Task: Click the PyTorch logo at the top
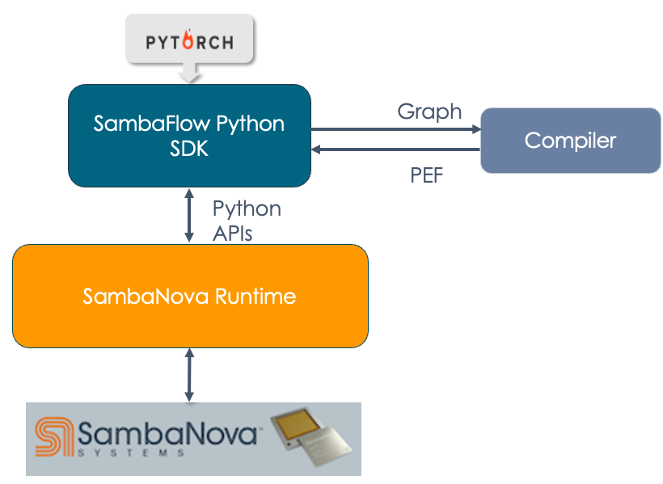pos(189,41)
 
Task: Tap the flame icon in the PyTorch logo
pos(188,40)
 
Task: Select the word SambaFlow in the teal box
pos(153,124)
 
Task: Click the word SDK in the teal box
pos(189,148)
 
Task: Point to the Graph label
pos(429,112)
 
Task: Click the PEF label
pos(427,175)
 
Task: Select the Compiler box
pos(570,141)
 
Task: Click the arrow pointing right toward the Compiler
pos(396,129)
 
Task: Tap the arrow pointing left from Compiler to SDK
pos(396,149)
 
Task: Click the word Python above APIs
pos(247,208)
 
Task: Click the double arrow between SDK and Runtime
pos(189,215)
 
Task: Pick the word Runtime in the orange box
pos(258,297)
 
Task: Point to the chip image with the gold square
pos(311,439)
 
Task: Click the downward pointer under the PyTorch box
pos(189,75)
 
